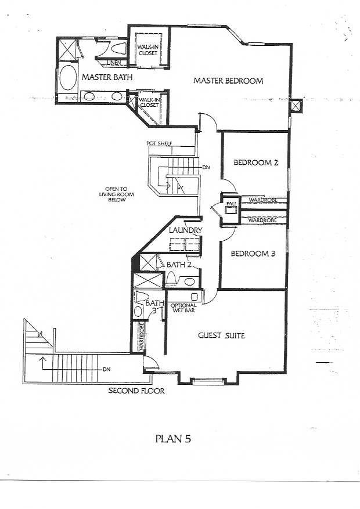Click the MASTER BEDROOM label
228,81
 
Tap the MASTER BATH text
107,77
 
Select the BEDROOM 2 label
256,163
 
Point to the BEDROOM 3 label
253,254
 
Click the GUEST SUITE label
221,335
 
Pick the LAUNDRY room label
186,230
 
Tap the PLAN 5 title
174,439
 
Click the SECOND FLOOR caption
136,391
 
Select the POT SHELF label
159,143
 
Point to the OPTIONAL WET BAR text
183,308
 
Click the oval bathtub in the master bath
67,78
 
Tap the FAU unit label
231,203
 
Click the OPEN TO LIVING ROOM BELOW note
116,194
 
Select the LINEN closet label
114,63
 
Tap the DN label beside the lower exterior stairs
106,369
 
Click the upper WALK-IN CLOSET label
147,50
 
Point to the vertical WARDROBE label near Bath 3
142,337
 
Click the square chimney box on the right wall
296,106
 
